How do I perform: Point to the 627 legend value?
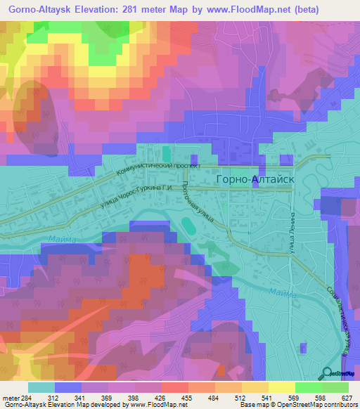point(348,398)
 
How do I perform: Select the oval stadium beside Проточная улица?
point(188,225)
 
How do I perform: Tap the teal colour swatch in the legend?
point(41,387)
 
